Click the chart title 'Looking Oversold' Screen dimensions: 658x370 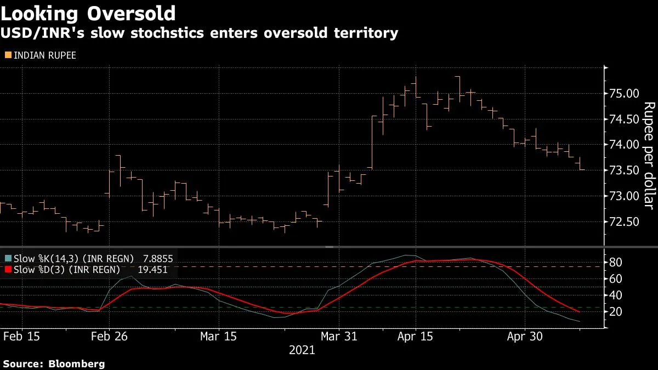(x=88, y=14)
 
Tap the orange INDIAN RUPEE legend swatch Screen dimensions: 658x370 (x=8, y=55)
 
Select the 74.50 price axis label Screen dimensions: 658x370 (x=624, y=119)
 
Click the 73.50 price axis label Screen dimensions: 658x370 (x=624, y=170)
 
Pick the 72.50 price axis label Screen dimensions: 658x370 (x=624, y=221)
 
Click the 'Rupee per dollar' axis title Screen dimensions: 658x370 (x=649, y=156)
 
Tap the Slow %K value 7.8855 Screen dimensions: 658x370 (x=158, y=259)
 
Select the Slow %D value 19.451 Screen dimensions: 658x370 (x=153, y=270)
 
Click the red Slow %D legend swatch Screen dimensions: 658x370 (x=8, y=269)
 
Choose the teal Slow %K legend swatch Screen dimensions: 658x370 (x=8, y=258)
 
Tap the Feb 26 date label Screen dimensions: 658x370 (x=109, y=336)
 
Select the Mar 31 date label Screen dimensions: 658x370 (x=339, y=336)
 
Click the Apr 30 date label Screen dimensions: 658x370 (x=525, y=336)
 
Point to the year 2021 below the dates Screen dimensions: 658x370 (x=302, y=350)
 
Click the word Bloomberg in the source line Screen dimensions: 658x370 (x=76, y=364)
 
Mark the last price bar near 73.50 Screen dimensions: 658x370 (x=580, y=163)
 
